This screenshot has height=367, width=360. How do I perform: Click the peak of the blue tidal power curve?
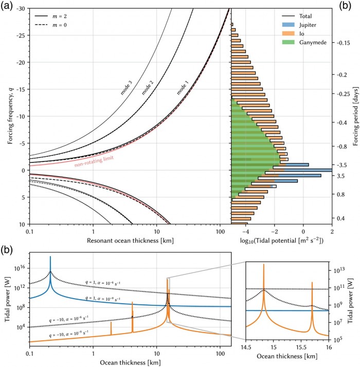[50, 256]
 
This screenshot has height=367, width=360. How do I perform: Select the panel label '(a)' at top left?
[9, 5]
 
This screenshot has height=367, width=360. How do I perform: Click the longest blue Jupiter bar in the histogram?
[303, 170]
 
